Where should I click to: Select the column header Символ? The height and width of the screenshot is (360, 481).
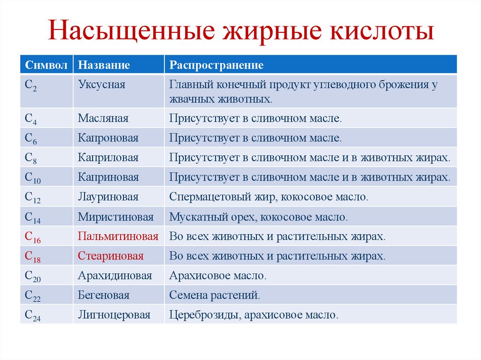tap(46, 65)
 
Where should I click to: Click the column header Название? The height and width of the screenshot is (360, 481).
tap(104, 65)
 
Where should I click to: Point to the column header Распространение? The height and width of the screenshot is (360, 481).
tap(216, 65)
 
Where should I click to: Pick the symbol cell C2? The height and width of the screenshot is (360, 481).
tap(31, 86)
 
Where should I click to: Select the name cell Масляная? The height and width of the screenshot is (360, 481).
tap(103, 118)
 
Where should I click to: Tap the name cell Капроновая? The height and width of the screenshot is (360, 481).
tap(108, 138)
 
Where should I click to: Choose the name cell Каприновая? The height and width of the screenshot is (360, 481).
tap(108, 177)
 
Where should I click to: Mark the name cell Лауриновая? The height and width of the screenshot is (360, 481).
tap(108, 197)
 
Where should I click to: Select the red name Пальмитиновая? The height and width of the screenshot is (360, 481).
tap(118, 237)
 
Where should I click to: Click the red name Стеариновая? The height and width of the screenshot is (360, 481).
tap(110, 256)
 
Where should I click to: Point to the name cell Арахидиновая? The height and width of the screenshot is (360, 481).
tap(115, 276)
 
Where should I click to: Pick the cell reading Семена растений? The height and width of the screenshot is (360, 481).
tap(214, 296)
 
